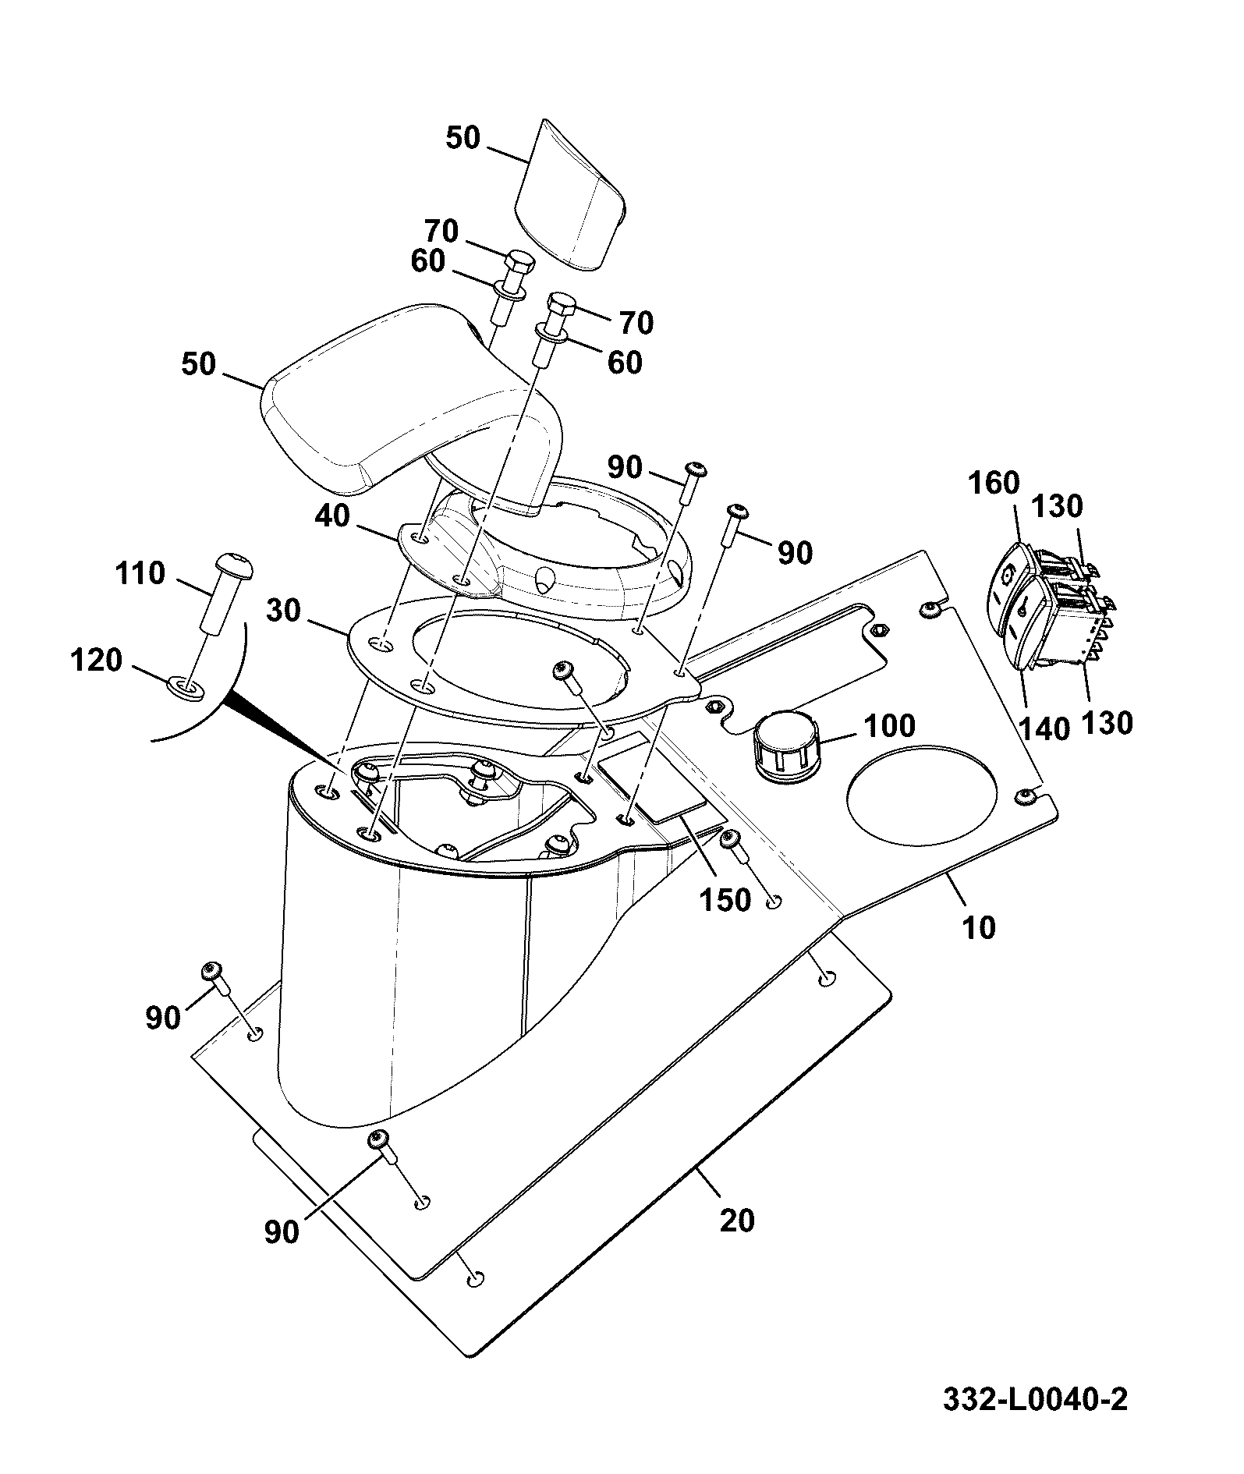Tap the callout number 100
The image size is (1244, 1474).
pyautogui.click(x=889, y=726)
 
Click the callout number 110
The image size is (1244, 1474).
pyautogui.click(x=141, y=574)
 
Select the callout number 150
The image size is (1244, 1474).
pyautogui.click(x=725, y=900)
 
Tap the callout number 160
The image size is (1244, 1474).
pyautogui.click(x=994, y=484)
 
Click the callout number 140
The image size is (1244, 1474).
pyautogui.click(x=1045, y=730)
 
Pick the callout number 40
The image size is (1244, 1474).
pyautogui.click(x=333, y=516)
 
